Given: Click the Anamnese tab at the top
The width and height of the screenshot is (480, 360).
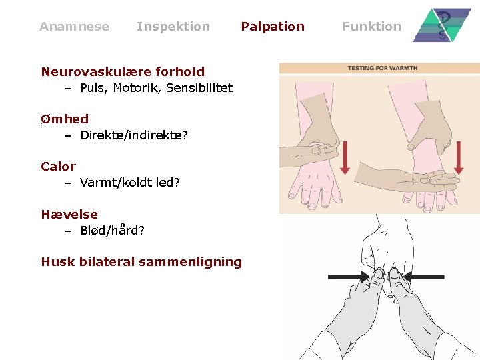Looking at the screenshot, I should point(74,27).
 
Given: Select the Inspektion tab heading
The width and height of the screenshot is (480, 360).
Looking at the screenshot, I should point(173,27).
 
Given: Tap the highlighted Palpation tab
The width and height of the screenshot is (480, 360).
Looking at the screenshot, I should point(272,27).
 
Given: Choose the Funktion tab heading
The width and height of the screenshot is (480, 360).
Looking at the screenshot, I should point(371,27).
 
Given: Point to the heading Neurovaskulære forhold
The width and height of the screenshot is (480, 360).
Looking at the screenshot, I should point(123,71).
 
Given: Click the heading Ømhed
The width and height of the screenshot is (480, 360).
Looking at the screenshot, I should point(65,119).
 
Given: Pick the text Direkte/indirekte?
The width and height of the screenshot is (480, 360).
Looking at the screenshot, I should point(134,135).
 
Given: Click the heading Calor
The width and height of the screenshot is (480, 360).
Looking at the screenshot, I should point(59,167).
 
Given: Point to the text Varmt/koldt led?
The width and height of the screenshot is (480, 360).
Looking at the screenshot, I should point(130,183).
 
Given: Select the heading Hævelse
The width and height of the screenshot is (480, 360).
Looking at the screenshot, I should point(69,215).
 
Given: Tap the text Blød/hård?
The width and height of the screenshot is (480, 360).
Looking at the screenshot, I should point(113,231).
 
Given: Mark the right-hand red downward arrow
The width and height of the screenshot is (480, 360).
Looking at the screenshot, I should point(458,157).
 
